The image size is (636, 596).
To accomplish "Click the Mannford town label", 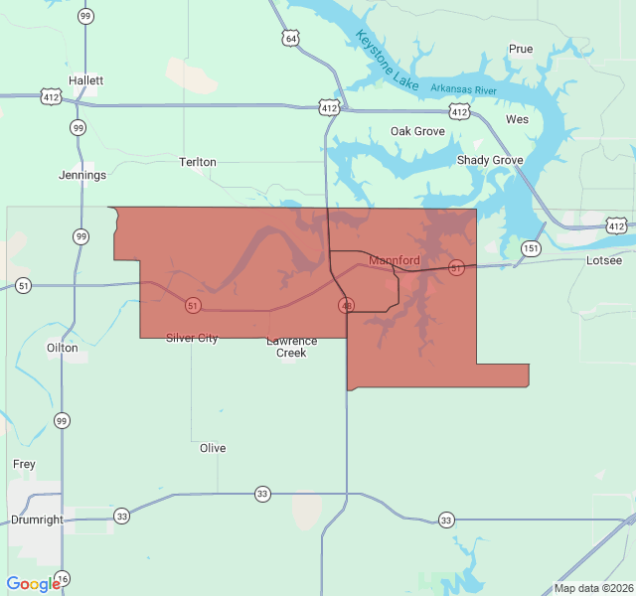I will tap(395, 261).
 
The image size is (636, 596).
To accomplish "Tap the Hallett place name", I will tap(86, 80).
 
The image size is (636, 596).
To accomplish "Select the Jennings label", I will tap(82, 176).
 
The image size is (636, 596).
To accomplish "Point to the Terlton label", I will tap(197, 162).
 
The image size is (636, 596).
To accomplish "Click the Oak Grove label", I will tap(417, 131).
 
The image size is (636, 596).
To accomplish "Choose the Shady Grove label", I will tap(490, 160).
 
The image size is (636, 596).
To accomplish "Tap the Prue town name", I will tap(521, 49).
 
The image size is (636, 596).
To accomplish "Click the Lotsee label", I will tap(604, 260).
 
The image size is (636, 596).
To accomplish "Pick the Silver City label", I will tap(192, 339).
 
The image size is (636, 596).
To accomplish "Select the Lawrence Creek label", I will tap(291, 347).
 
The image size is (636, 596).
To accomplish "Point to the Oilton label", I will tap(62, 348).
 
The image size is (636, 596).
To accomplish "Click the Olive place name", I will tap(213, 448).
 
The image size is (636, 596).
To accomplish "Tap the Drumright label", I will tap(37, 520).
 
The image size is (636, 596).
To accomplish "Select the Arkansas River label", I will tap(463, 89).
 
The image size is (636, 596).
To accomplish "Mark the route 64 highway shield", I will tap(290, 39).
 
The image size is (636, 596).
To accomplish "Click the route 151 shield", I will tap(532, 248).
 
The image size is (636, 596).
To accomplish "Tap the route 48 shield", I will tap(346, 304).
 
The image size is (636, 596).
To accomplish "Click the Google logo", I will tap(34, 584).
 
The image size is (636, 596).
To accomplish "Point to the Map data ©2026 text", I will tap(592, 587).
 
